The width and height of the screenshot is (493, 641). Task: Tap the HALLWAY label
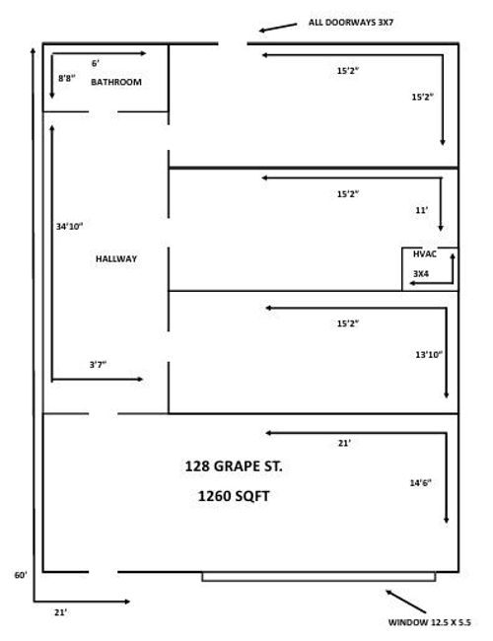coord(115,258)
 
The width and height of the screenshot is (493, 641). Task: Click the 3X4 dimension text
coord(421,273)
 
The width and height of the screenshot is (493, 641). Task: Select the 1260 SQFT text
coord(233,497)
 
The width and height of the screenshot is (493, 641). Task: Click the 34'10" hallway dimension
coord(69,227)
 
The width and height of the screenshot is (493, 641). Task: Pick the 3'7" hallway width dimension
coord(98,365)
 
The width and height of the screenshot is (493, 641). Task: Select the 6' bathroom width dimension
coord(95,63)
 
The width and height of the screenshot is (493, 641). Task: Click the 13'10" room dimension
coord(430,353)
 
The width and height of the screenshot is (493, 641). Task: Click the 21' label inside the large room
coord(344,444)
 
